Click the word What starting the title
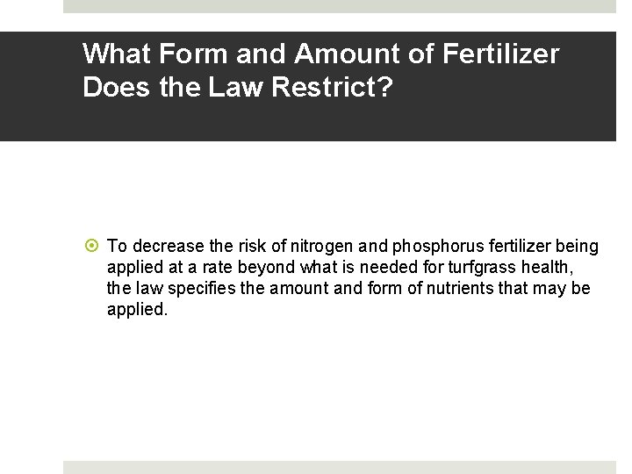click(118, 54)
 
